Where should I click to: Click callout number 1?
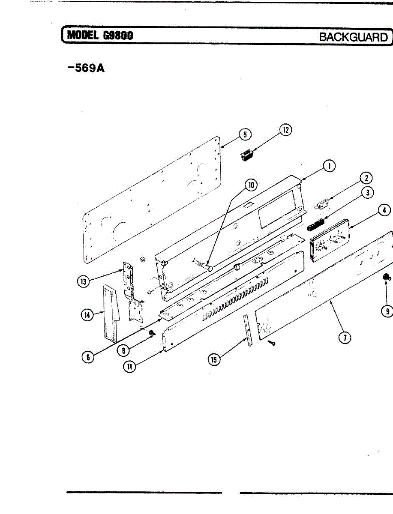click(x=329, y=166)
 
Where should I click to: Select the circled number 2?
click(x=366, y=178)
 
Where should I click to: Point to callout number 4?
click(x=384, y=210)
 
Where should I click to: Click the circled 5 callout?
click(x=245, y=134)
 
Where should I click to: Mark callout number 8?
click(x=123, y=350)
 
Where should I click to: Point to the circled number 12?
click(x=286, y=129)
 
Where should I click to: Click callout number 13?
click(x=83, y=281)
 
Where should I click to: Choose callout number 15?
click(x=213, y=360)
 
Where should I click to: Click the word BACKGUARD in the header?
click(x=353, y=37)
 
